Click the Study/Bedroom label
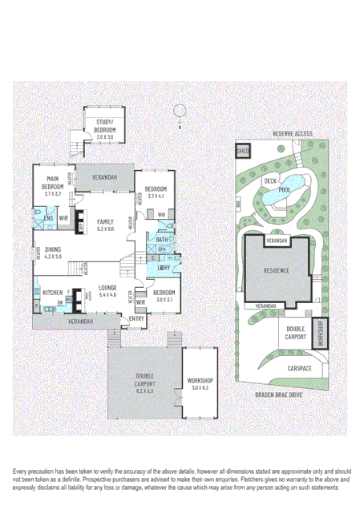click(105, 127)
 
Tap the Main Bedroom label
click(54, 183)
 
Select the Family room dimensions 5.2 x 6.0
click(106, 229)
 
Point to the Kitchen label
click(53, 292)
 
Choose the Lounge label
click(108, 287)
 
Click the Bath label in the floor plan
click(161, 240)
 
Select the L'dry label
click(164, 268)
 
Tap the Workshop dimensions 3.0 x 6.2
click(200, 382)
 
